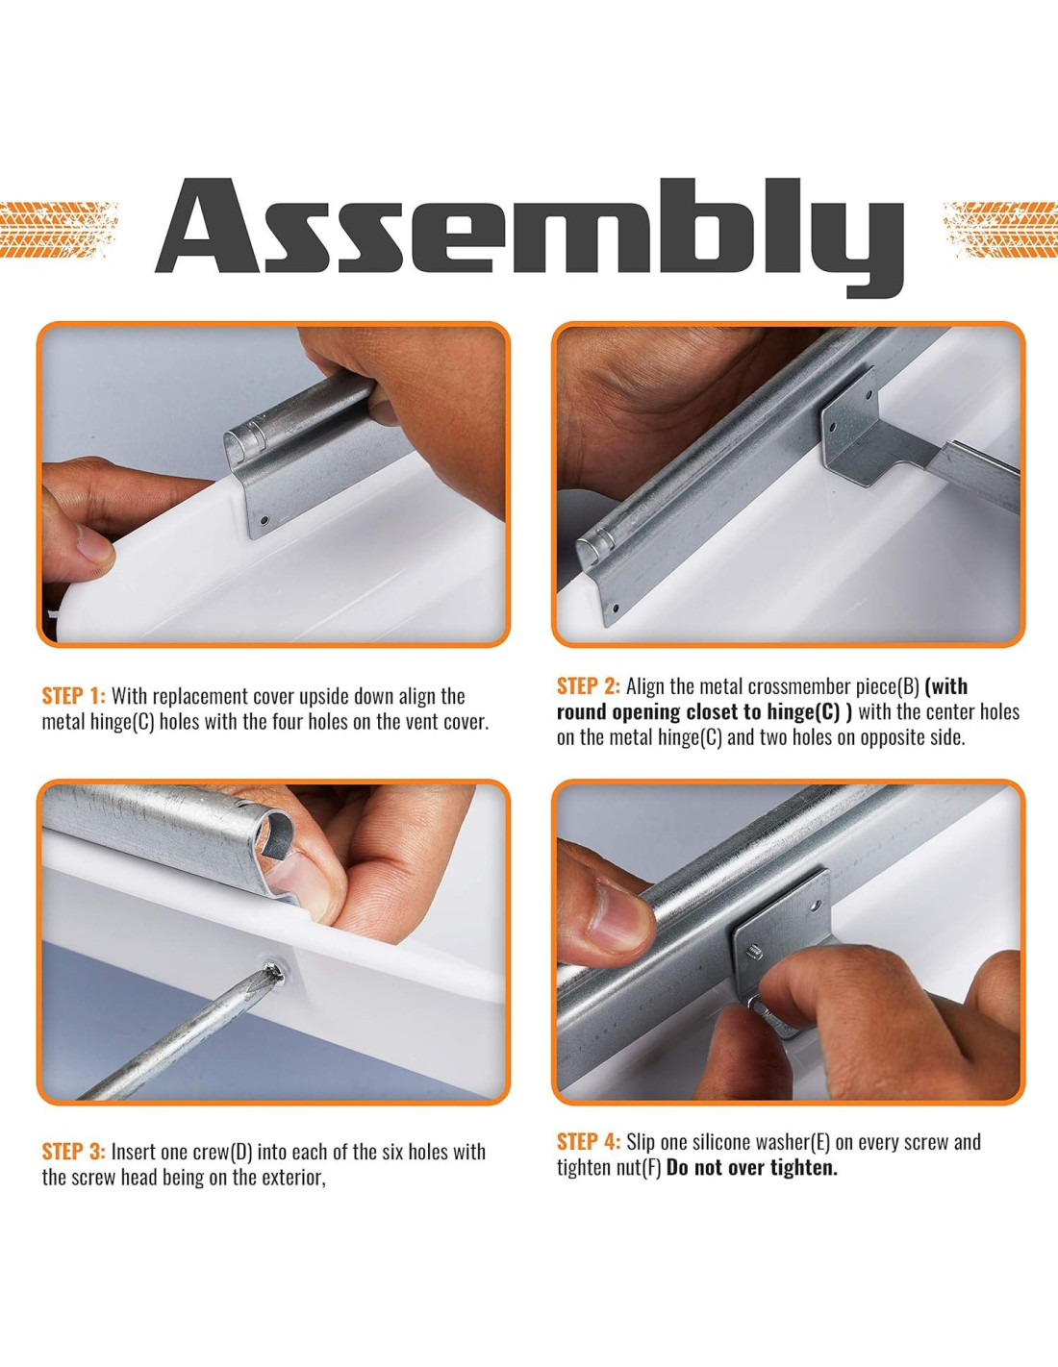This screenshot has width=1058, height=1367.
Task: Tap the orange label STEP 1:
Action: [x=74, y=696]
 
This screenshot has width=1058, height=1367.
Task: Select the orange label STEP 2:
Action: [x=589, y=686]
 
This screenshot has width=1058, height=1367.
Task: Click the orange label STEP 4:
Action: [x=589, y=1142]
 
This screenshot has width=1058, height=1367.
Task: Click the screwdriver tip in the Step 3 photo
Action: [x=274, y=975]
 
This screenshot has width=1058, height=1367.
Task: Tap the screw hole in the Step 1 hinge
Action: [x=264, y=520]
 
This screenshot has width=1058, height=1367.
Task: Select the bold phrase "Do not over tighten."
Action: [x=752, y=1168]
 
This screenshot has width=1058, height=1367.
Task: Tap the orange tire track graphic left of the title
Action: [x=59, y=230]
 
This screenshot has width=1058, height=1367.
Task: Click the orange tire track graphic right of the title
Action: [x=1000, y=230]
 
